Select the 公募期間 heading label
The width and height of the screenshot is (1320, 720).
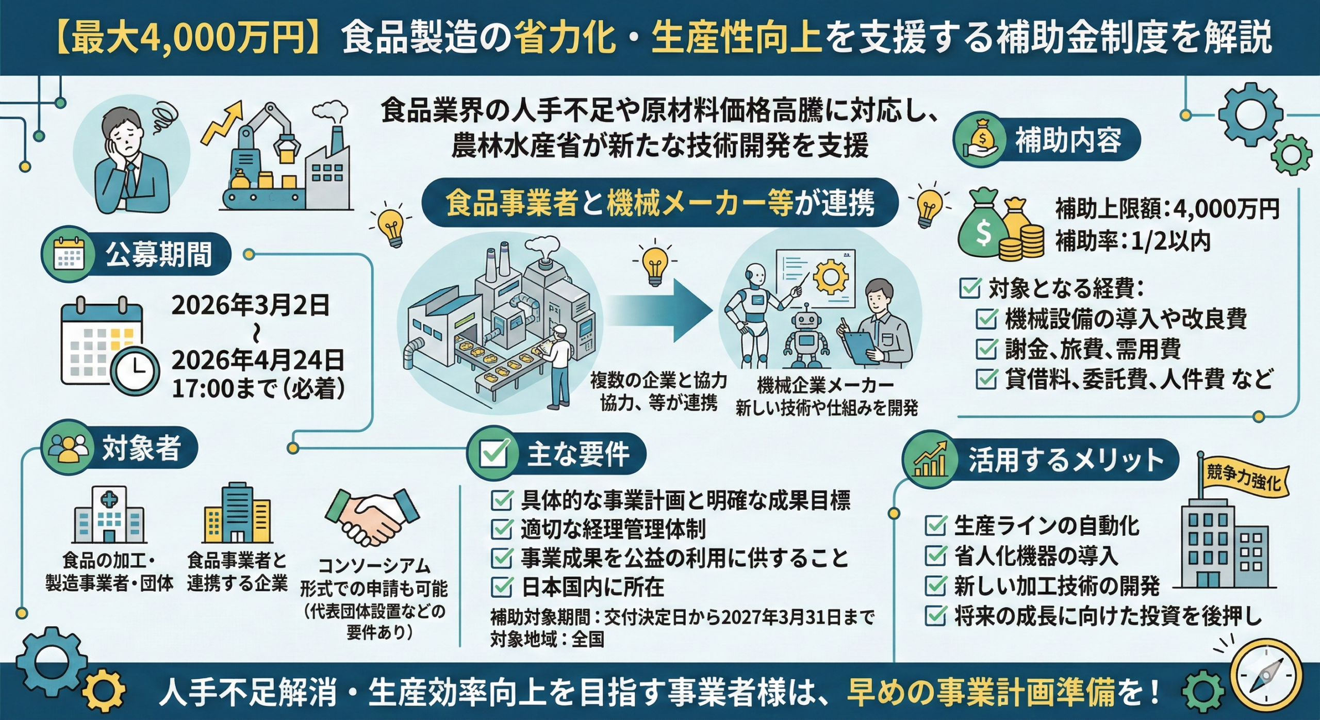pyautogui.click(x=158, y=255)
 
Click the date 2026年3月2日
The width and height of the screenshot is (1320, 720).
pyautogui.click(x=250, y=305)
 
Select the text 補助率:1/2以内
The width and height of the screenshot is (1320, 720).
pyautogui.click(x=1132, y=241)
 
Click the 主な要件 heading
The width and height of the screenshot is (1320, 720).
pyautogui.click(x=577, y=454)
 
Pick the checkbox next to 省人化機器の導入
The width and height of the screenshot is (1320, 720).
pyautogui.click(x=935, y=555)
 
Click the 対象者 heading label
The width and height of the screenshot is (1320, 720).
pyautogui.click(x=141, y=448)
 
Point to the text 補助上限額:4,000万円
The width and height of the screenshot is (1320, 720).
pyautogui.click(x=1166, y=209)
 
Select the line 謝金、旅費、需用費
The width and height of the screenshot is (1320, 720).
pyautogui.click(x=1093, y=350)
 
